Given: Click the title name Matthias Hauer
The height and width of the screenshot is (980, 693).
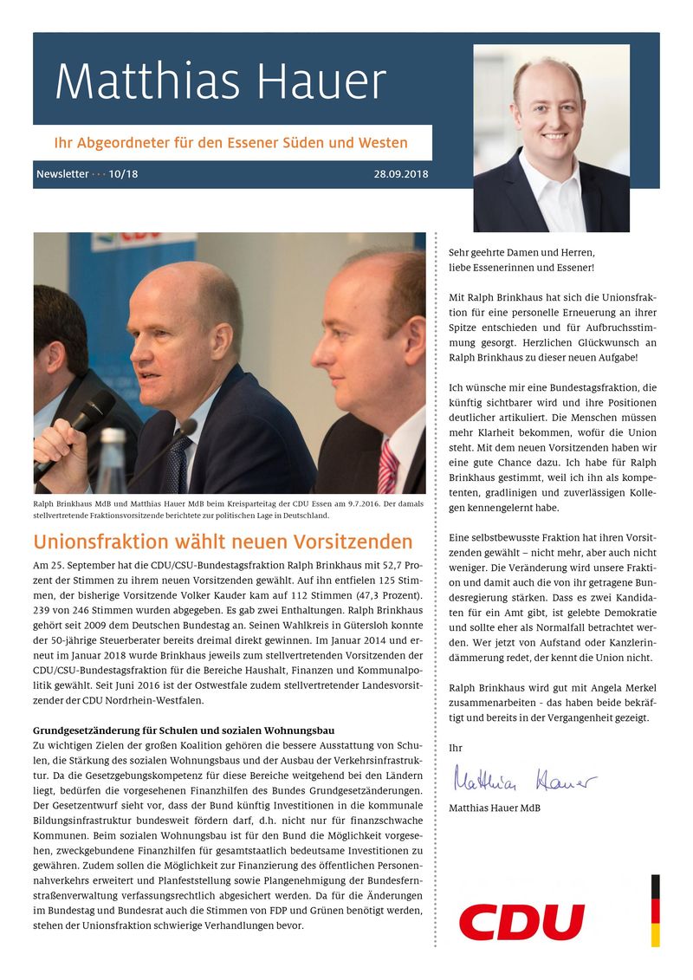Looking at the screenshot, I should (x=220, y=83).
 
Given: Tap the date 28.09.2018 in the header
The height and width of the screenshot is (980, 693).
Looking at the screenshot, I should (x=401, y=174).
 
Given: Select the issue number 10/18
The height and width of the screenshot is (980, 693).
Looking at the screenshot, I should (x=124, y=174).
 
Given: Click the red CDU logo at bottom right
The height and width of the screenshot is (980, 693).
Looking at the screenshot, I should (x=521, y=921).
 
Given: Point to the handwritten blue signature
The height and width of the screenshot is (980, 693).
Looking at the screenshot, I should (x=523, y=781).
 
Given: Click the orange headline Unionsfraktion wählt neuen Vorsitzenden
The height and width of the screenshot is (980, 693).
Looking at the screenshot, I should (x=223, y=542).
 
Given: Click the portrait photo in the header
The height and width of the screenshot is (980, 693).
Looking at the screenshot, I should (x=551, y=139).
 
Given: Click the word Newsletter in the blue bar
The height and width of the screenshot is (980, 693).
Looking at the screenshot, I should (x=62, y=174).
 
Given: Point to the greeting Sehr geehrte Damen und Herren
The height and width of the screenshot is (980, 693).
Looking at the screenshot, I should (x=521, y=252).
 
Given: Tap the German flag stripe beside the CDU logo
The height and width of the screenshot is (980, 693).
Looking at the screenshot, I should (x=655, y=910).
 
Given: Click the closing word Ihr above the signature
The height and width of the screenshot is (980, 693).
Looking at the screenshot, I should (x=456, y=747).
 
